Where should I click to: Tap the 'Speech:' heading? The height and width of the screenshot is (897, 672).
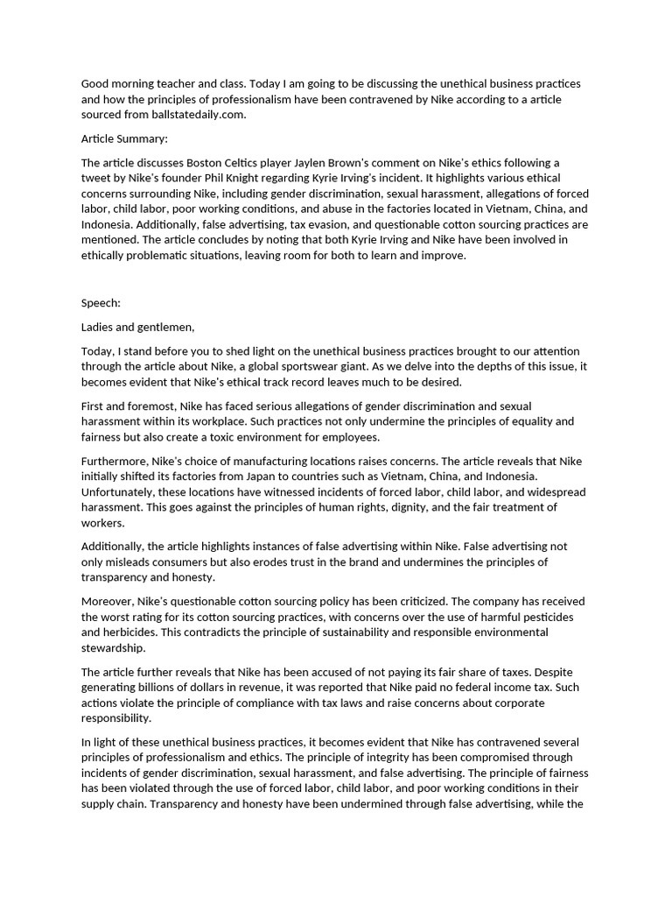[101, 303]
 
